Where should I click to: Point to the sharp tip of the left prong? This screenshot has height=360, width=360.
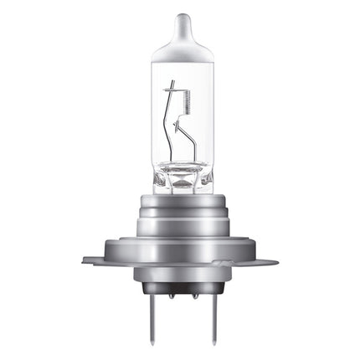(156, 339)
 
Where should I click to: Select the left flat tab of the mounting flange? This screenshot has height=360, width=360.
(96, 259)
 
